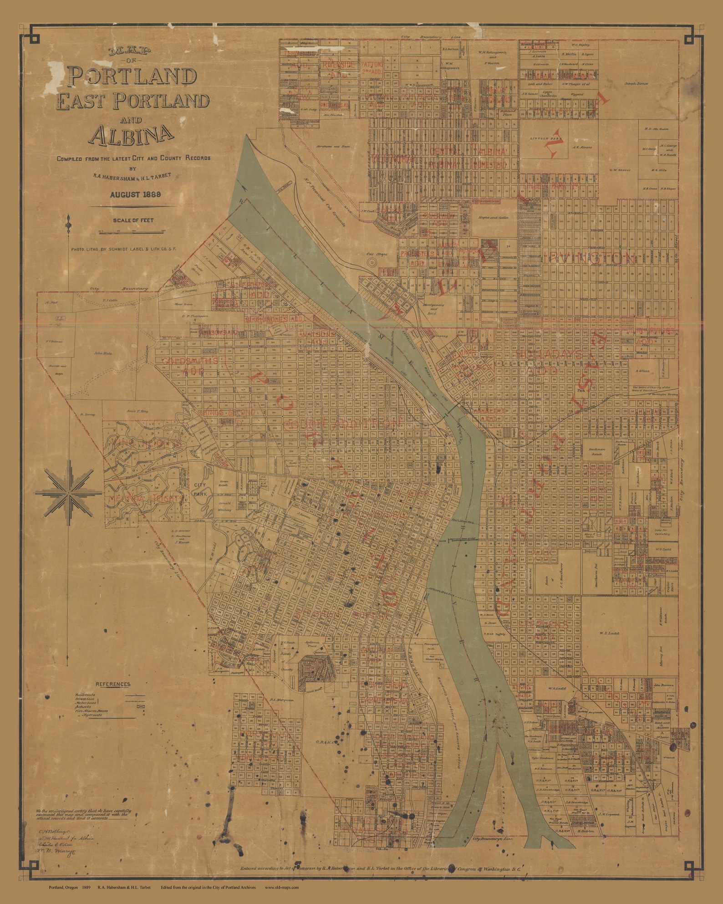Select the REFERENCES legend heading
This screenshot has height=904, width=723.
pyautogui.click(x=113, y=684)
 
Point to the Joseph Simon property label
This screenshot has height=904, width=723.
pyautogui.click(x=636, y=84)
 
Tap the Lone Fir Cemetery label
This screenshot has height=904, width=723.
pyautogui.click(x=662, y=532)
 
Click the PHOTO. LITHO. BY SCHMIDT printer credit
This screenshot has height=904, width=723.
pyautogui.click(x=123, y=250)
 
